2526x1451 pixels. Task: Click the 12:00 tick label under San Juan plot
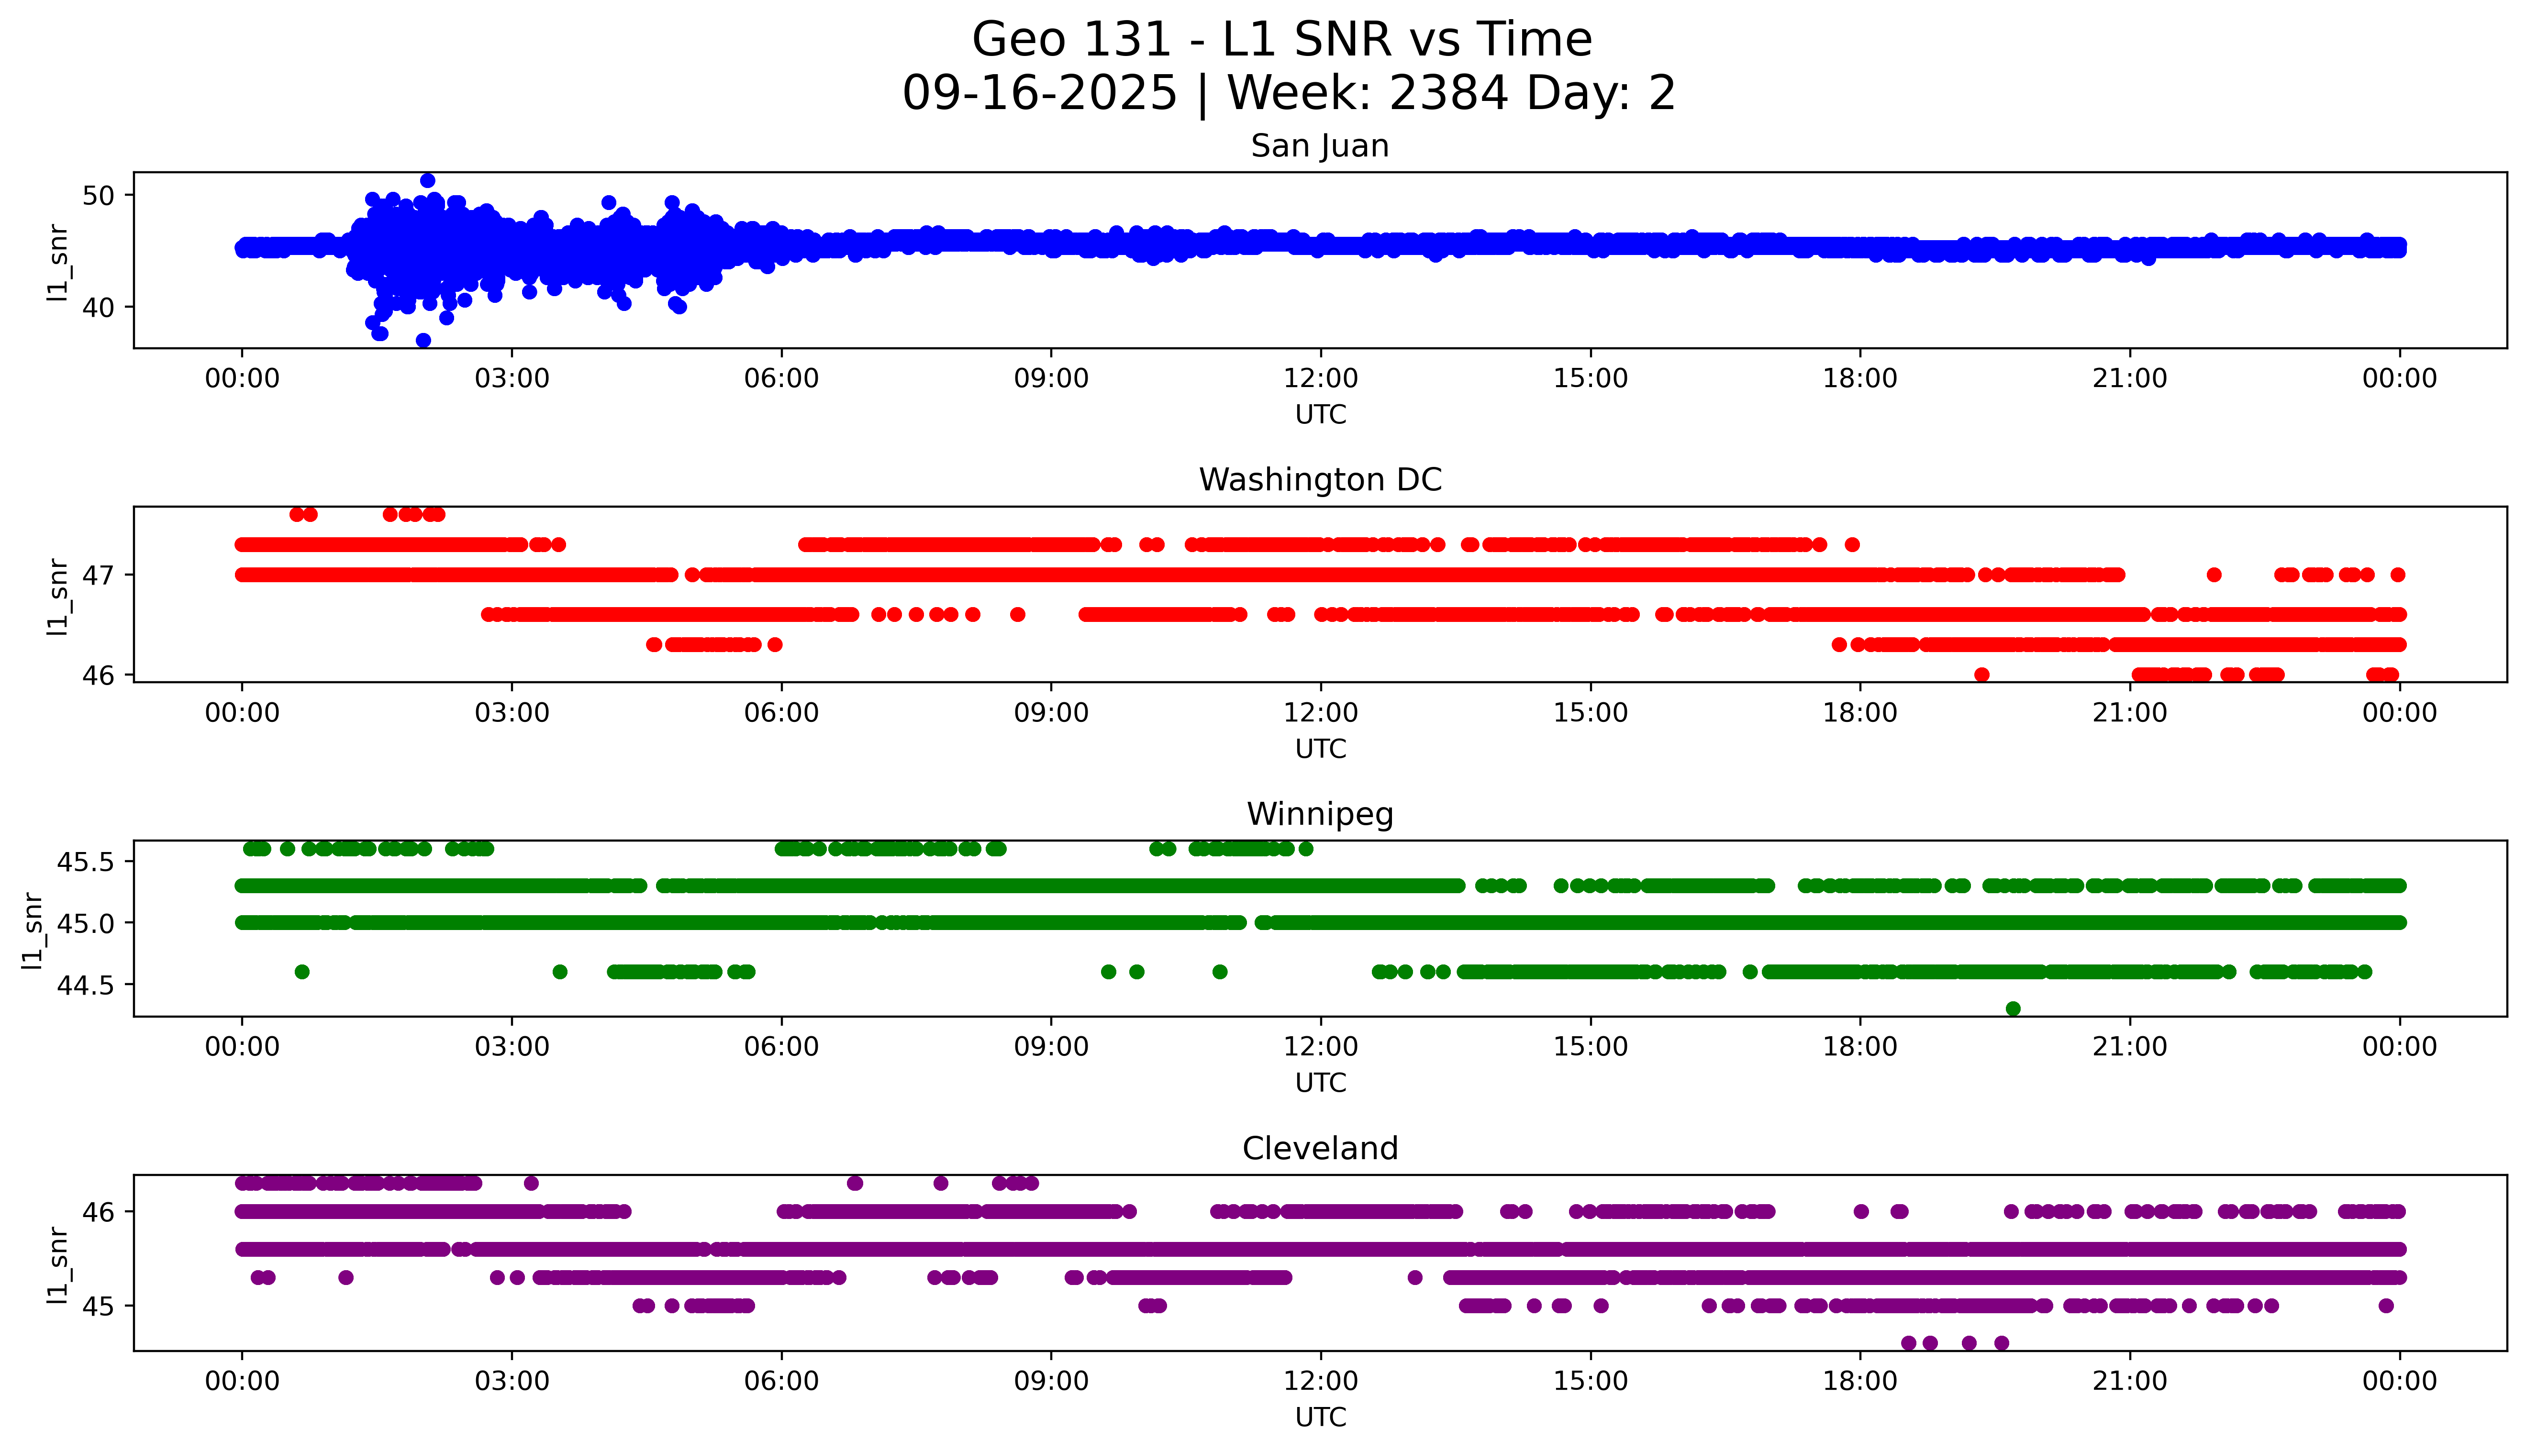click(x=1320, y=379)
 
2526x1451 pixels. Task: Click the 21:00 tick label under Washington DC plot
click(x=2129, y=714)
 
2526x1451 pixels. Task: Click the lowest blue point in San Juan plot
click(x=423, y=341)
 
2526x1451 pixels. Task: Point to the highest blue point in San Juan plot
click(x=427, y=180)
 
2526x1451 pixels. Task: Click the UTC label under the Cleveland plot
click(x=1320, y=1417)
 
